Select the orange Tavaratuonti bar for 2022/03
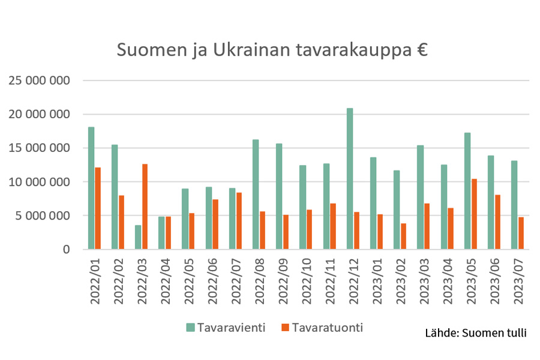(x=145, y=206)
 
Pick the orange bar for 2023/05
(x=474, y=214)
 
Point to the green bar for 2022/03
(x=138, y=237)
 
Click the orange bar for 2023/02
(x=404, y=236)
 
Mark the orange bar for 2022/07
(x=239, y=220)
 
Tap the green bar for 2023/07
(x=514, y=205)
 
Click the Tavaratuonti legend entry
(x=322, y=328)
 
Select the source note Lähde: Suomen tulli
(x=475, y=332)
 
